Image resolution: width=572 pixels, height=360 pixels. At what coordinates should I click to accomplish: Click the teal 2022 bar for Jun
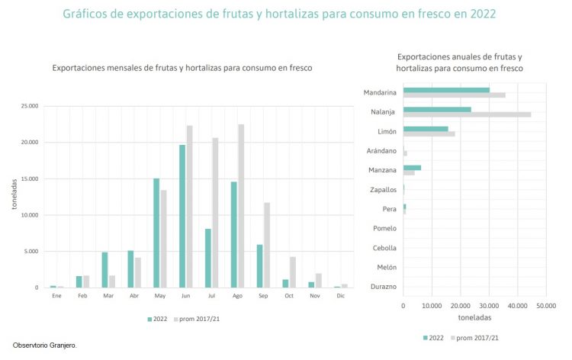(182, 216)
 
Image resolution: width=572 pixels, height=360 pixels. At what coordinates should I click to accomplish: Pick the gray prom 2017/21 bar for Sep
(267, 245)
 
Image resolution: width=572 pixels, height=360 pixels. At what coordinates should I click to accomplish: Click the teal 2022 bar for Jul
(208, 258)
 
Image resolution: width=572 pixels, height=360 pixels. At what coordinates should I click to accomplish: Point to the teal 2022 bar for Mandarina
(446, 90)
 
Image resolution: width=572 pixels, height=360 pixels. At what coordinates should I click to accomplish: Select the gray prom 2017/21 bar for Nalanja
(467, 114)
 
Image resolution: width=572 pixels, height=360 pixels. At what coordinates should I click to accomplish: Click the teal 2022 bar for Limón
(426, 129)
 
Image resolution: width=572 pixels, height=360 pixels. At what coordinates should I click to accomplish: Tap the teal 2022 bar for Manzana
(412, 168)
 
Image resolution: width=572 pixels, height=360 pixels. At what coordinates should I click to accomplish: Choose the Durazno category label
(380, 287)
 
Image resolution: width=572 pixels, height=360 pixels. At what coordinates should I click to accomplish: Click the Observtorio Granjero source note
(44, 346)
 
